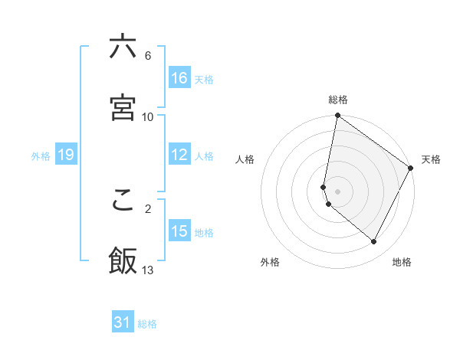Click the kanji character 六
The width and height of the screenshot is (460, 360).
coord(123,47)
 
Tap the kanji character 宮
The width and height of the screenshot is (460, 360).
coord(123,108)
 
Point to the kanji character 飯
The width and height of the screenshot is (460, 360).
coord(123,261)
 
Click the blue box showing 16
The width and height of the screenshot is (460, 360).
coord(179,78)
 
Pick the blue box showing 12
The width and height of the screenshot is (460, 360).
coord(179,155)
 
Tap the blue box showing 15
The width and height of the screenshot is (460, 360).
coord(179,231)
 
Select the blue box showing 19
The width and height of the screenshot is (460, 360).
coord(65,155)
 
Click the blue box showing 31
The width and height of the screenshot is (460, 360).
coord(123,322)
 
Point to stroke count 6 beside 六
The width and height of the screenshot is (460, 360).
coord(148,56)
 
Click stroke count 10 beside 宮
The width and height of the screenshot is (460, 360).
coord(148,117)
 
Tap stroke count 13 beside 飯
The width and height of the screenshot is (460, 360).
coord(148,270)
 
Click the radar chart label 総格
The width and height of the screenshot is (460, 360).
coord(338,100)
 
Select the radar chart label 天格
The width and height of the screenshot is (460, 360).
coord(431,159)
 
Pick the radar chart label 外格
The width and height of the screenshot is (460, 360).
coord(270,262)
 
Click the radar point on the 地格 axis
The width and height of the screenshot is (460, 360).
coord(374,242)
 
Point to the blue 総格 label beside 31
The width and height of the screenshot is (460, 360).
coord(147,324)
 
